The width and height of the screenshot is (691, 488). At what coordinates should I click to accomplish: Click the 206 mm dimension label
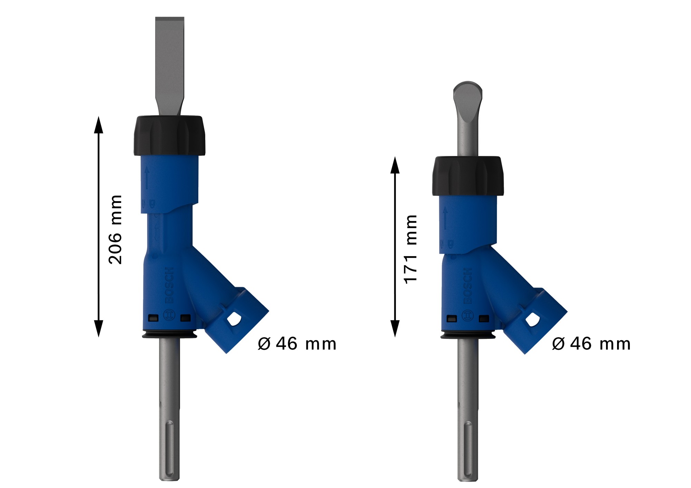[x=115, y=229]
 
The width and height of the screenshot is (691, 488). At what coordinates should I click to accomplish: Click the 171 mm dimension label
[x=411, y=249]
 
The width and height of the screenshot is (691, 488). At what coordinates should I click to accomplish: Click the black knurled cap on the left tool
[x=169, y=136]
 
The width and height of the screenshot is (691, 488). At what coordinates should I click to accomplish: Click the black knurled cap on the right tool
[x=468, y=176]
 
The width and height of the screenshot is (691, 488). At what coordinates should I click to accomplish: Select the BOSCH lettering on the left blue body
[x=170, y=285]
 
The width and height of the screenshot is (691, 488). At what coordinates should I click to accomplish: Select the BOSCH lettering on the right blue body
[x=467, y=286]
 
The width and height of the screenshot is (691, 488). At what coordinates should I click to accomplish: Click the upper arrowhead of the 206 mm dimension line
[x=98, y=124]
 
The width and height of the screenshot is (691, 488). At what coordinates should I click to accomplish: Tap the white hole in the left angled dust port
[x=234, y=319]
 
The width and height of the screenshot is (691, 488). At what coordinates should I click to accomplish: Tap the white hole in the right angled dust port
[x=532, y=320]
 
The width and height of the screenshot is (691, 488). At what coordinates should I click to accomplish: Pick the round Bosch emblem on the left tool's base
[x=169, y=316]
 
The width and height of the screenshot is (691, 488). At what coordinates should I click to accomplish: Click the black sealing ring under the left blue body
[x=169, y=334]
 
